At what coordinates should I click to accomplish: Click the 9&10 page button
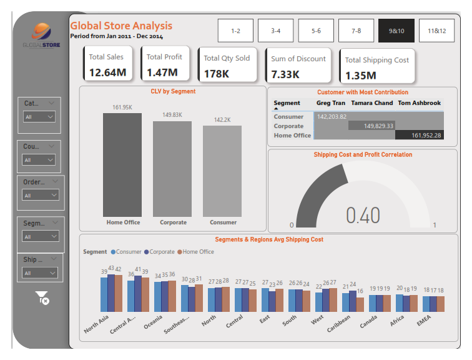(x=396, y=31)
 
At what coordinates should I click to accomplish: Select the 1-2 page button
(x=235, y=31)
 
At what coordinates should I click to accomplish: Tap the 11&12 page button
(x=436, y=31)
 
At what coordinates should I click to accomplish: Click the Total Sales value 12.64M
(x=107, y=72)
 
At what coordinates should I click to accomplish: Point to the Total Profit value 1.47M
(x=162, y=72)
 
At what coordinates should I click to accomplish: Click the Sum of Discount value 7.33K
(x=285, y=74)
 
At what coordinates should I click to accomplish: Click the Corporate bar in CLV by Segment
(x=173, y=169)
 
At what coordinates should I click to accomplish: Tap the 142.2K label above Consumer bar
(x=222, y=119)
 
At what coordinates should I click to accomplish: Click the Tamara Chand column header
(x=372, y=103)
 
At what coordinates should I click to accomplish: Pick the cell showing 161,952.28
(x=427, y=135)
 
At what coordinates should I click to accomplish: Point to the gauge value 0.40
(x=363, y=215)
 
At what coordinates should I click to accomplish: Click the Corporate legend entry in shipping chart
(x=161, y=252)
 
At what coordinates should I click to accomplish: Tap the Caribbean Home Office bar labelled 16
(x=360, y=304)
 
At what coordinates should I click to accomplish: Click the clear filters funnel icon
(x=42, y=298)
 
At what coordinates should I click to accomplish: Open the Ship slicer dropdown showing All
(x=40, y=273)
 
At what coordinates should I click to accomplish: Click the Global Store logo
(x=41, y=36)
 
